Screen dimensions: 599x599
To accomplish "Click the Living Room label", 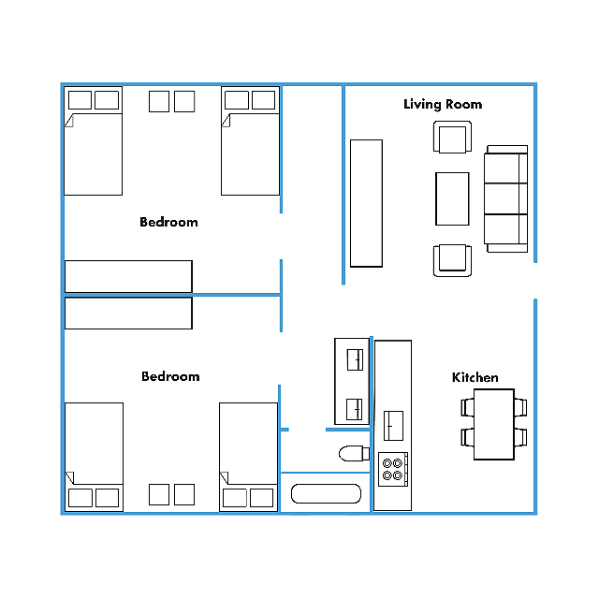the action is click(x=443, y=104).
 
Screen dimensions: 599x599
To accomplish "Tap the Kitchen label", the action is click(x=475, y=377).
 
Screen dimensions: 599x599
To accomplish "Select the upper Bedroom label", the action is click(x=168, y=222).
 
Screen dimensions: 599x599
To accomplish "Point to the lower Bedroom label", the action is click(x=170, y=376).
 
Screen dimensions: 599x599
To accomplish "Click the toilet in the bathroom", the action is click(x=354, y=453).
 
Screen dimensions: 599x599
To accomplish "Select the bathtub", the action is click(x=326, y=494).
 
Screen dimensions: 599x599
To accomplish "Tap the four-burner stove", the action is click(x=393, y=470).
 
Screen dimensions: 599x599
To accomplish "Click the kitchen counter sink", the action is click(x=393, y=426).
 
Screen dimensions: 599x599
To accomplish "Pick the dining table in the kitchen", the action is click(x=494, y=424).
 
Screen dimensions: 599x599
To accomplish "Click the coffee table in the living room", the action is click(x=452, y=198).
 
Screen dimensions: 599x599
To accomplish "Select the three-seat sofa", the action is click(x=506, y=198).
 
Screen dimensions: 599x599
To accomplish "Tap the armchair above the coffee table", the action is click(x=452, y=138).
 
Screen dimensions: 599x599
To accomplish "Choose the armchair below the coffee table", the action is click(x=452, y=260).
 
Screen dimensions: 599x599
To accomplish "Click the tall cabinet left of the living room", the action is click(x=366, y=203).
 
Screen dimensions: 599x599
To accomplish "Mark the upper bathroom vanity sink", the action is click(x=355, y=359).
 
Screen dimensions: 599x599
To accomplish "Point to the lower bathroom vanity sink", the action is click(x=354, y=409).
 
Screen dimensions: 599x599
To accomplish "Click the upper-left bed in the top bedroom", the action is click(x=94, y=141).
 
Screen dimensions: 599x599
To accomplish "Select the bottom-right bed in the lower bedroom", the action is click(x=249, y=457).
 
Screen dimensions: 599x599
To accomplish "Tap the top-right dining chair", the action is click(x=520, y=407).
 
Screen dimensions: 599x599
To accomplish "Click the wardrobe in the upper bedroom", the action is click(x=128, y=277).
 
